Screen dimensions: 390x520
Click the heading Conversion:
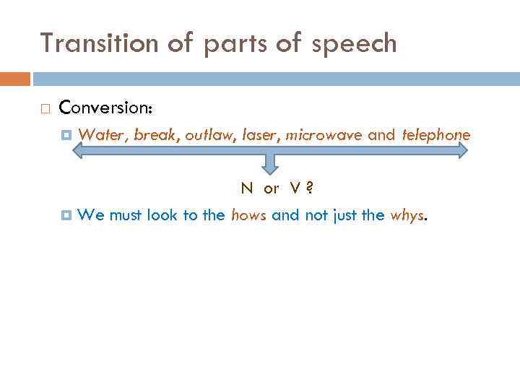[105, 108]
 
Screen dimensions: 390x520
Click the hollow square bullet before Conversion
[45, 108]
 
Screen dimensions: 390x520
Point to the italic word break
[155, 134]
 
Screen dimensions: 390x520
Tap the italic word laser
[259, 134]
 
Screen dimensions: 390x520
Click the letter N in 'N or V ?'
[247, 188]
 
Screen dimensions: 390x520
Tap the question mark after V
[309, 188]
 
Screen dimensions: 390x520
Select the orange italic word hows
[248, 214]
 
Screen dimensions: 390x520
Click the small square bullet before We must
[67, 214]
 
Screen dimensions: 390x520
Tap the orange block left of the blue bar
[15, 78]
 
